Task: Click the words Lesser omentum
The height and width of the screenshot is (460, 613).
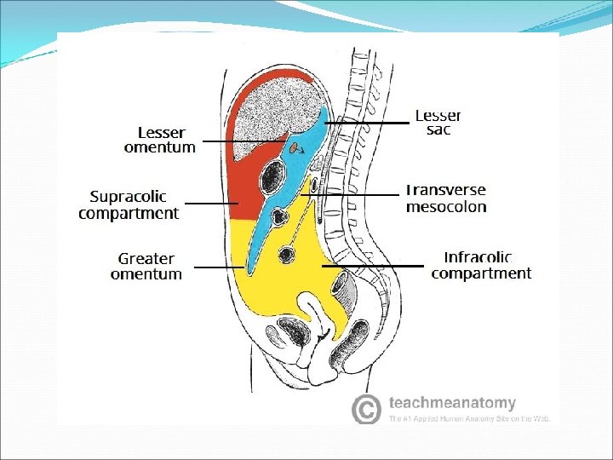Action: pyautogui.click(x=159, y=140)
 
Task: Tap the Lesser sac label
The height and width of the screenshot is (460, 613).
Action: pyautogui.click(x=438, y=122)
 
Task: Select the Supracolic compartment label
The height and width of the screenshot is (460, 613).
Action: pyautogui.click(x=129, y=204)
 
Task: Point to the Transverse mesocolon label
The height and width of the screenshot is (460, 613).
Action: pyautogui.click(x=446, y=198)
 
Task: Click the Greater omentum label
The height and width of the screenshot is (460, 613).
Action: pyautogui.click(x=146, y=266)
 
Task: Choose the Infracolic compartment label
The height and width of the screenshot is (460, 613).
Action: pyautogui.click(x=481, y=265)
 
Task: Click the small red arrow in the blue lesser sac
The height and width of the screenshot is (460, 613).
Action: pyautogui.click(x=295, y=149)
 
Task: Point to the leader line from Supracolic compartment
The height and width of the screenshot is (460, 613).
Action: pyautogui.click(x=211, y=204)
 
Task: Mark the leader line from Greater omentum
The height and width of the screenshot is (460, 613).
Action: pyautogui.click(x=220, y=267)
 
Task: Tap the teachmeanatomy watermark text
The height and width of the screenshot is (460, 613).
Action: pyautogui.click(x=452, y=402)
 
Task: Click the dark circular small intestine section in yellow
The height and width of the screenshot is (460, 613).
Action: pyautogui.click(x=287, y=254)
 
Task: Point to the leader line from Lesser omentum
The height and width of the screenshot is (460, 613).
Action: pyautogui.click(x=243, y=141)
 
